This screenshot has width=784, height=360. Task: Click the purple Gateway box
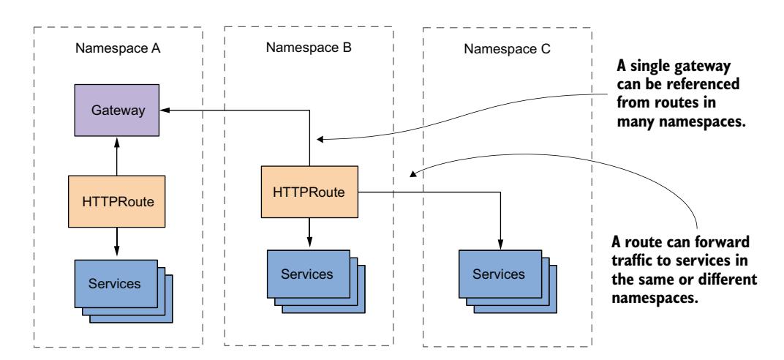(x=117, y=110)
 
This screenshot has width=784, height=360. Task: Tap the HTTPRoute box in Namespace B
(x=311, y=192)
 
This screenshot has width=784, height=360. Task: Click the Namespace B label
(x=308, y=49)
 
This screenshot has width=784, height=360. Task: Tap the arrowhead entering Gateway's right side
(x=165, y=110)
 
